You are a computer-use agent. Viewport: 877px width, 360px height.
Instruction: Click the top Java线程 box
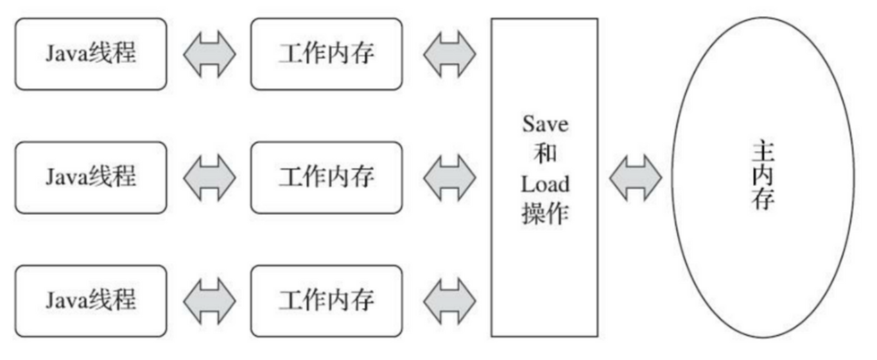click(91, 54)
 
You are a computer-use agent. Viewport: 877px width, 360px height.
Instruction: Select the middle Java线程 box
click(91, 178)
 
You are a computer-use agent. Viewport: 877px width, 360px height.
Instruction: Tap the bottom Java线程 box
click(91, 301)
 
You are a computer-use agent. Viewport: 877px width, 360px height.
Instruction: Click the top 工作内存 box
click(326, 54)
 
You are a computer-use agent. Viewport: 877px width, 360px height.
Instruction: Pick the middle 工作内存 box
click(326, 178)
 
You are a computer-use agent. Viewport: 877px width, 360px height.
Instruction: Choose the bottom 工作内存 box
click(326, 301)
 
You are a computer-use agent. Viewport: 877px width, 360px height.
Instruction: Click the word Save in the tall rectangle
click(544, 124)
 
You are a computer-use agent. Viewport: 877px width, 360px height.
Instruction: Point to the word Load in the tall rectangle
click(544, 185)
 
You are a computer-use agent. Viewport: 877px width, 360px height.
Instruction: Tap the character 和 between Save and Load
click(544, 155)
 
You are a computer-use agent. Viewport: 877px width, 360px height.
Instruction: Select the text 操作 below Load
click(544, 214)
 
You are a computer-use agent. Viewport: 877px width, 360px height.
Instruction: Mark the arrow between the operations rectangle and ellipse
click(635, 178)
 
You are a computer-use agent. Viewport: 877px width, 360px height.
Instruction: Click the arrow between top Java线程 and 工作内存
click(209, 54)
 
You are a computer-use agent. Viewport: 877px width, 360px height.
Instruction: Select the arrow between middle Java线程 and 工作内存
click(209, 178)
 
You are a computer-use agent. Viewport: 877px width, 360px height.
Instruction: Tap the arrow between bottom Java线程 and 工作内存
click(209, 301)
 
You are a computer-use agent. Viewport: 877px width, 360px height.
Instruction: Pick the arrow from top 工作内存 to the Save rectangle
click(449, 54)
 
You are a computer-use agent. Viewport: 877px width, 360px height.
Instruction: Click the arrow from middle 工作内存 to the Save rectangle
click(449, 178)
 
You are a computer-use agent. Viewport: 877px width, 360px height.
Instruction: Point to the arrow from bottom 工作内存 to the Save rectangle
click(449, 301)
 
